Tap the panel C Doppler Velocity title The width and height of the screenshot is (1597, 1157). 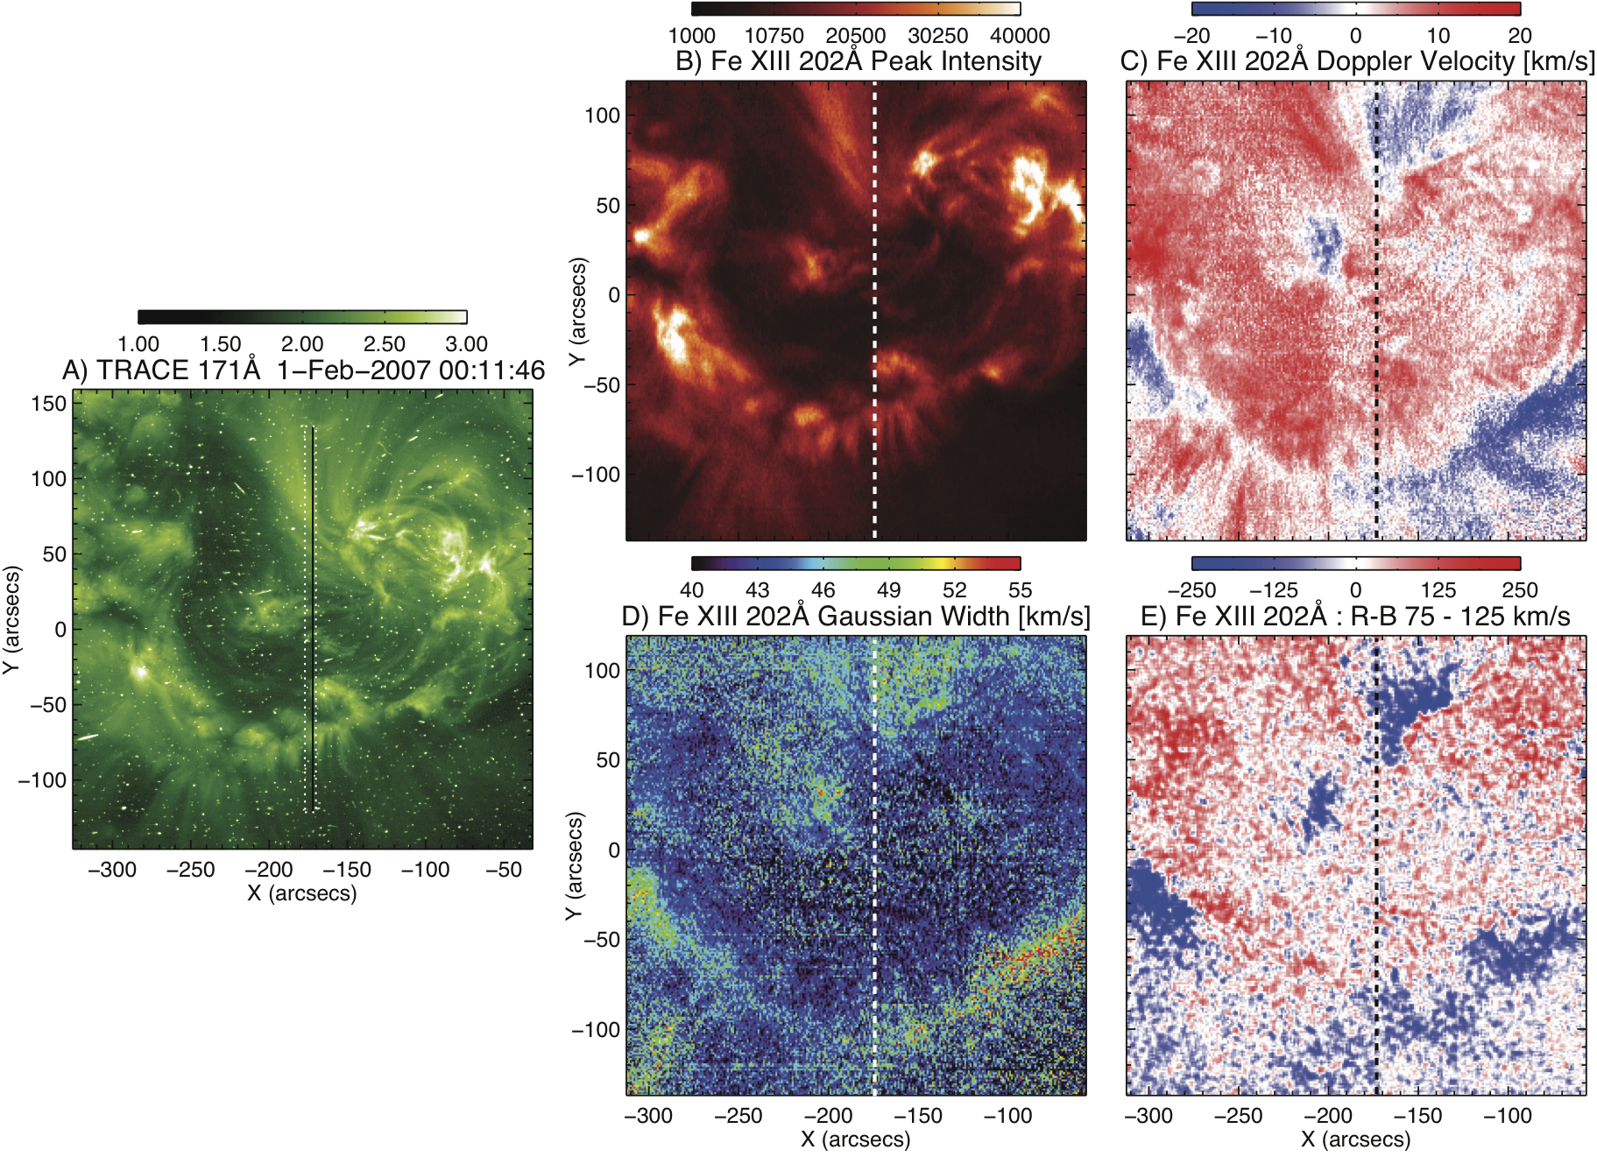pyautogui.click(x=1357, y=61)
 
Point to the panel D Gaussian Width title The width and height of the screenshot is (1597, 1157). pyautogui.click(x=855, y=617)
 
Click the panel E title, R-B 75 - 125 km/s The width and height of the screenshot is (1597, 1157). pyautogui.click(x=1355, y=617)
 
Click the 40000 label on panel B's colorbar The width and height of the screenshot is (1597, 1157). pyautogui.click(x=1020, y=36)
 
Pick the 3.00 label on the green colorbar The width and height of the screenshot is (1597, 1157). pyautogui.click(x=466, y=344)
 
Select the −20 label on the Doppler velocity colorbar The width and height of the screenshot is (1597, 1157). pyautogui.click(x=1191, y=36)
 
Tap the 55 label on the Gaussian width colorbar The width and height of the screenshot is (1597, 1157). pyautogui.click(x=1020, y=590)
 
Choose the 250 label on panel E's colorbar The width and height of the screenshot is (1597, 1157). pyautogui.click(x=1520, y=590)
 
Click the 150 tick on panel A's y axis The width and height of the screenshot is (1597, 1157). pyautogui.click(x=49, y=404)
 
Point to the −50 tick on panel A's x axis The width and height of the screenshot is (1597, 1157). pyautogui.click(x=504, y=870)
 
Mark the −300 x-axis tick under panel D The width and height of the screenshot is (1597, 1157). pyautogui.click(x=648, y=1116)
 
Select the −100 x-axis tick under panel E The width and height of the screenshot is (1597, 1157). pyautogui.click(x=1508, y=1116)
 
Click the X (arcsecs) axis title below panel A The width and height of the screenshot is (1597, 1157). pyautogui.click(x=302, y=893)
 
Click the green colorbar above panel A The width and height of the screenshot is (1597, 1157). pyautogui.click(x=302, y=317)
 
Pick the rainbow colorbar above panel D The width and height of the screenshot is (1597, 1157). pyautogui.click(x=856, y=563)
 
